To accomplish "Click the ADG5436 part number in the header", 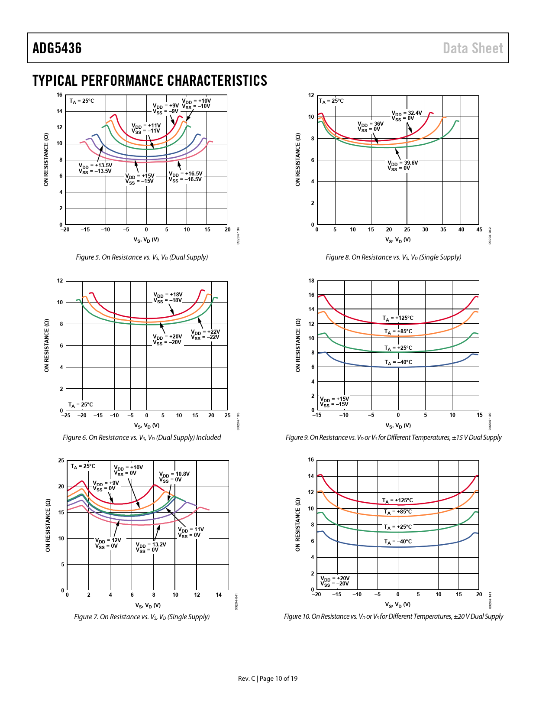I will point(57,48).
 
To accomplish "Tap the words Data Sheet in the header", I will point(473,48).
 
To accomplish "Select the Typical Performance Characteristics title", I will point(150,81).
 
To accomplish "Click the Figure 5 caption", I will point(142,257).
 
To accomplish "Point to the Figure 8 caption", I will point(393,257).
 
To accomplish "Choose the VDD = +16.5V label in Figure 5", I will point(185,176).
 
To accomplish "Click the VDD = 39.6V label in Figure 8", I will point(403,166).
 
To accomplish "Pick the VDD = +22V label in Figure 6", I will point(205,335).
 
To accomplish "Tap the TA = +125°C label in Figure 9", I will point(398,318).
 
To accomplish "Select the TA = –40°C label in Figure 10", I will point(398,542).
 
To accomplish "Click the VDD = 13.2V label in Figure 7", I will point(151,547).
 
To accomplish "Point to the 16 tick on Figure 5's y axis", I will point(59,95).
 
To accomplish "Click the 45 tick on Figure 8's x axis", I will point(479,230).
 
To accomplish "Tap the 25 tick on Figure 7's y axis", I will point(61,461).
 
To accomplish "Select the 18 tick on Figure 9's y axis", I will point(311,281).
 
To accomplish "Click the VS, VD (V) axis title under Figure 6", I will point(147,426).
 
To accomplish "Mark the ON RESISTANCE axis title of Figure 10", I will point(297,525).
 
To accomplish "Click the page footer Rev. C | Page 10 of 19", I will point(268,679).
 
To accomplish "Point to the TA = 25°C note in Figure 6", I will point(81,405).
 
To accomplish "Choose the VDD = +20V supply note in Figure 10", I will point(335,581).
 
